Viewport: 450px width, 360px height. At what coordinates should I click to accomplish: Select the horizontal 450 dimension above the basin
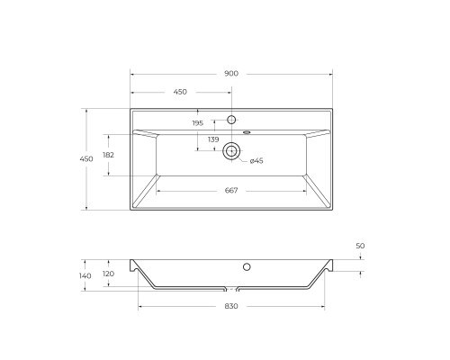point(180,91)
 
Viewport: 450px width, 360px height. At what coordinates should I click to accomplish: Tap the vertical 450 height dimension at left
point(86,158)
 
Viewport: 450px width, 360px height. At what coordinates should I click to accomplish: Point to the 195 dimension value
point(197,123)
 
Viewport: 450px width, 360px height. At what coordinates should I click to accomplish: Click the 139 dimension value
point(213,139)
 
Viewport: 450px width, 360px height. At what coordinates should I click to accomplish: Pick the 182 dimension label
point(108,155)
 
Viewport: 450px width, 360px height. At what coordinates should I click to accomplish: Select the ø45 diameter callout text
point(256,160)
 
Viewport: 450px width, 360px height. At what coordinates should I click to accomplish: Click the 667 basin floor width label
point(231,190)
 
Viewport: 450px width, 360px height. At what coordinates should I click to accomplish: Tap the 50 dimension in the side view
point(360,245)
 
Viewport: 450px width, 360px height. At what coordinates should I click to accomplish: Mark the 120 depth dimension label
point(108,274)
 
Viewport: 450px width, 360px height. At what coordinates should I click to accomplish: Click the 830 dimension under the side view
point(231,307)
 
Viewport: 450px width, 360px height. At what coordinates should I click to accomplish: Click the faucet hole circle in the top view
point(231,120)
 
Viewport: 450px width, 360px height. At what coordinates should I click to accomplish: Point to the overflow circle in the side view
point(246,267)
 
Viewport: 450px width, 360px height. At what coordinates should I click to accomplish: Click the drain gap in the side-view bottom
point(231,290)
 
